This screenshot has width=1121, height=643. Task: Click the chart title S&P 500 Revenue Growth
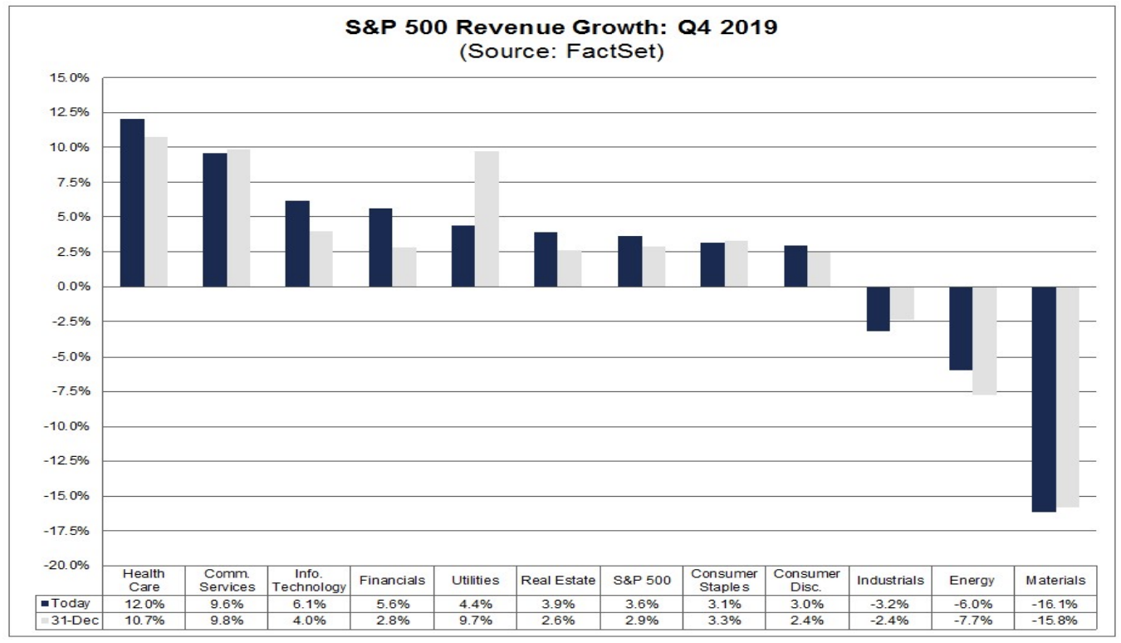(560, 27)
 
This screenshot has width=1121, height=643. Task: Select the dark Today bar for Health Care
(132, 203)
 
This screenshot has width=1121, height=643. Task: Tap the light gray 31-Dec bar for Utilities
(487, 218)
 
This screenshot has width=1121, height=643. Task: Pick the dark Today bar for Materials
(1044, 399)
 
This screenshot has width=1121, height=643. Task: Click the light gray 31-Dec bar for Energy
(984, 341)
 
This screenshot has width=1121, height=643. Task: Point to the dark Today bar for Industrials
(878, 309)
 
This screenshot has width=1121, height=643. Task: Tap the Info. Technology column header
(309, 580)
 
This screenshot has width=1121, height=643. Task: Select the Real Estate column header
(557, 580)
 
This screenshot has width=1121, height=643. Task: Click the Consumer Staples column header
(723, 580)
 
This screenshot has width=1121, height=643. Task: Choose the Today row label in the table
(70, 603)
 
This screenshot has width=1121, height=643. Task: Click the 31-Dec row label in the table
(70, 621)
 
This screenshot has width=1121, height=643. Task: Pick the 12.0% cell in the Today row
(144, 603)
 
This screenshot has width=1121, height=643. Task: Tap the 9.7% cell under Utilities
(475, 621)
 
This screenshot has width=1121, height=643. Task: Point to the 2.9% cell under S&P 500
(640, 621)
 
